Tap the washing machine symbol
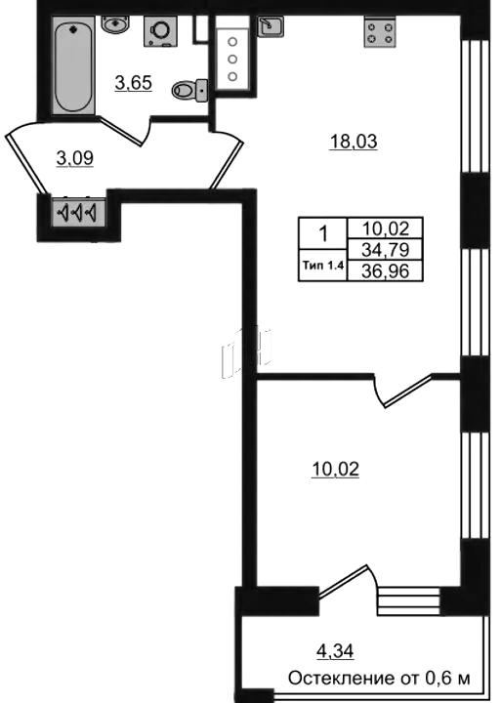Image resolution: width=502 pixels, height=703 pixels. pos(160,31)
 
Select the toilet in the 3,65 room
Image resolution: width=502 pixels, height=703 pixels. pos(189,91)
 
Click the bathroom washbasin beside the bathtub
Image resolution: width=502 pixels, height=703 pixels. pos(115,23)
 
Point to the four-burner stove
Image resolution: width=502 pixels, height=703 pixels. pos(380,32)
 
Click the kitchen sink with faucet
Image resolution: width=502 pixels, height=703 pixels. pos(271,26)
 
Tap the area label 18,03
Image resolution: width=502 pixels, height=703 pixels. pos(353,143)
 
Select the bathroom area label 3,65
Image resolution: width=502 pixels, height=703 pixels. pos(133,83)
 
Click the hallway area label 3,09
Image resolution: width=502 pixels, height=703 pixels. pos(75,158)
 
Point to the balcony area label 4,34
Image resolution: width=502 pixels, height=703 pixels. pos(335,651)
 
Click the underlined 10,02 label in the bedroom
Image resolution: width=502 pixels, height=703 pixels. pos(335,470)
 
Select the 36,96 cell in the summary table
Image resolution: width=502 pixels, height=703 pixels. pos(385,270)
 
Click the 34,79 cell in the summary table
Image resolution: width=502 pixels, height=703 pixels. pos(385,249)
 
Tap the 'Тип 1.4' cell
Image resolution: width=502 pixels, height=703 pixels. pos(323,266)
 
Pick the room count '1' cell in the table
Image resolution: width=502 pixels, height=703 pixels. pos(323,233)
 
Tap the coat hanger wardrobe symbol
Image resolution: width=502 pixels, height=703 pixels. pos(78,212)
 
